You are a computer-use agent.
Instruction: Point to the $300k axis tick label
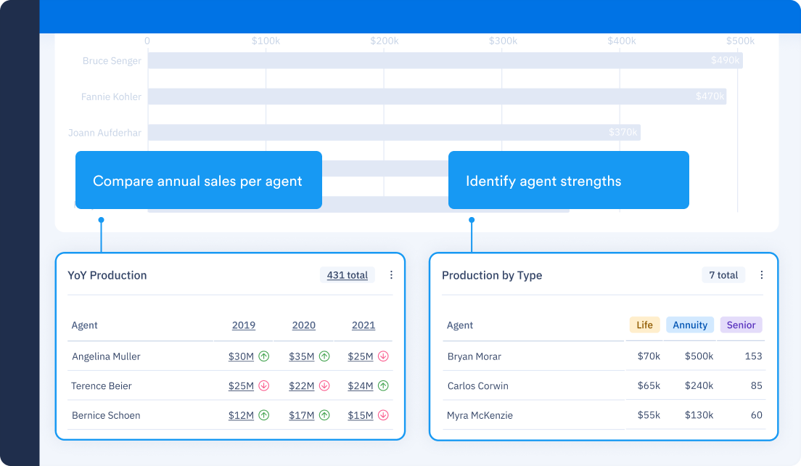tap(503, 41)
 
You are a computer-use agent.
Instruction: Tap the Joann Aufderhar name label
tap(104, 133)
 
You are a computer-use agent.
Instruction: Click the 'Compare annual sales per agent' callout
tap(198, 181)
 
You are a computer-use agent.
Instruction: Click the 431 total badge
tap(347, 275)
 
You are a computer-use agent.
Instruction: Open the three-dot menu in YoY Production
tap(391, 275)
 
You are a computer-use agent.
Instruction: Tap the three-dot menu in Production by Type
tap(761, 275)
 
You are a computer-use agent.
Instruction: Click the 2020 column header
tap(303, 325)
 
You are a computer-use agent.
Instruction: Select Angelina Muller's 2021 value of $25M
tap(361, 356)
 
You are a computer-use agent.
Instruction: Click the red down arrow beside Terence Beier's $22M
tap(324, 386)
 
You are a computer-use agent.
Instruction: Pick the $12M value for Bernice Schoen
tap(241, 416)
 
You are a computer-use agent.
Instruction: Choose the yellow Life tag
tap(644, 325)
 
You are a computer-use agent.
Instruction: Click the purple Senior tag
tap(741, 325)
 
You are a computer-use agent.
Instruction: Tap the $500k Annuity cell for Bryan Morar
tap(699, 356)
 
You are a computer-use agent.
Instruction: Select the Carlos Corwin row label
tap(477, 386)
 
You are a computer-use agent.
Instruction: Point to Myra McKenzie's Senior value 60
tap(756, 416)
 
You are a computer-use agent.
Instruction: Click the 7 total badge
tap(723, 275)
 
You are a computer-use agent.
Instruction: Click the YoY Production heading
tap(107, 275)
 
